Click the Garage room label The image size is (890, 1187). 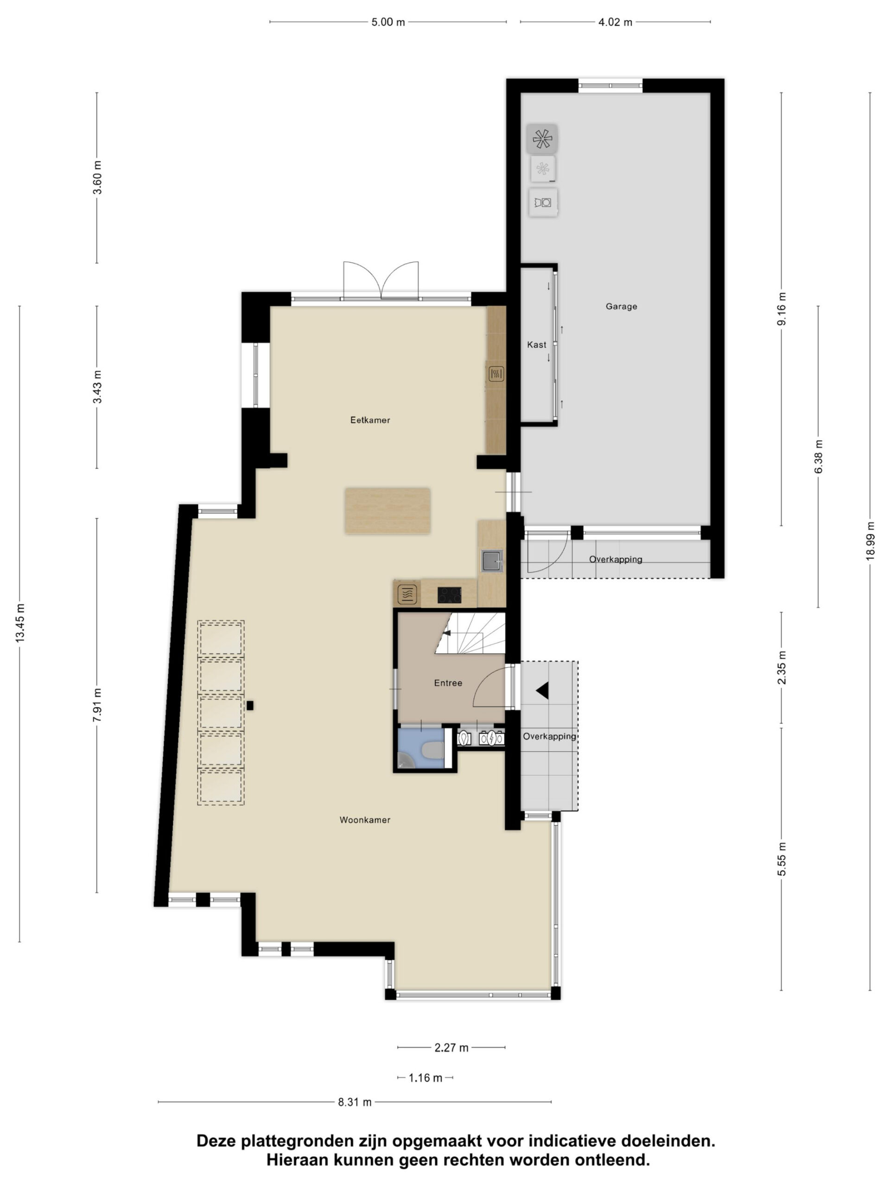[x=621, y=306]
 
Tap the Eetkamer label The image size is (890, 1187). [x=370, y=420]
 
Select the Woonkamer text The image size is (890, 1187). [x=365, y=820]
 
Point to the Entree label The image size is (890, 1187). [x=448, y=683]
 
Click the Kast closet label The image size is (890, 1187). [x=536, y=345]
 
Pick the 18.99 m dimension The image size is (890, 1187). [x=870, y=542]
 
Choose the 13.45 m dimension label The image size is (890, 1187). [x=20, y=622]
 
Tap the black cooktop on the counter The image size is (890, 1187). [x=450, y=595]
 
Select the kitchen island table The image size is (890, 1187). [x=388, y=511]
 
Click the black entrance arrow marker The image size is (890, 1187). [x=542, y=690]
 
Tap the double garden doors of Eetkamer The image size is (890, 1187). [x=381, y=280]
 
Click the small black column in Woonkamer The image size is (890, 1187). [x=250, y=706]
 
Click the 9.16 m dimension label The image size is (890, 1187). [x=782, y=309]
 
